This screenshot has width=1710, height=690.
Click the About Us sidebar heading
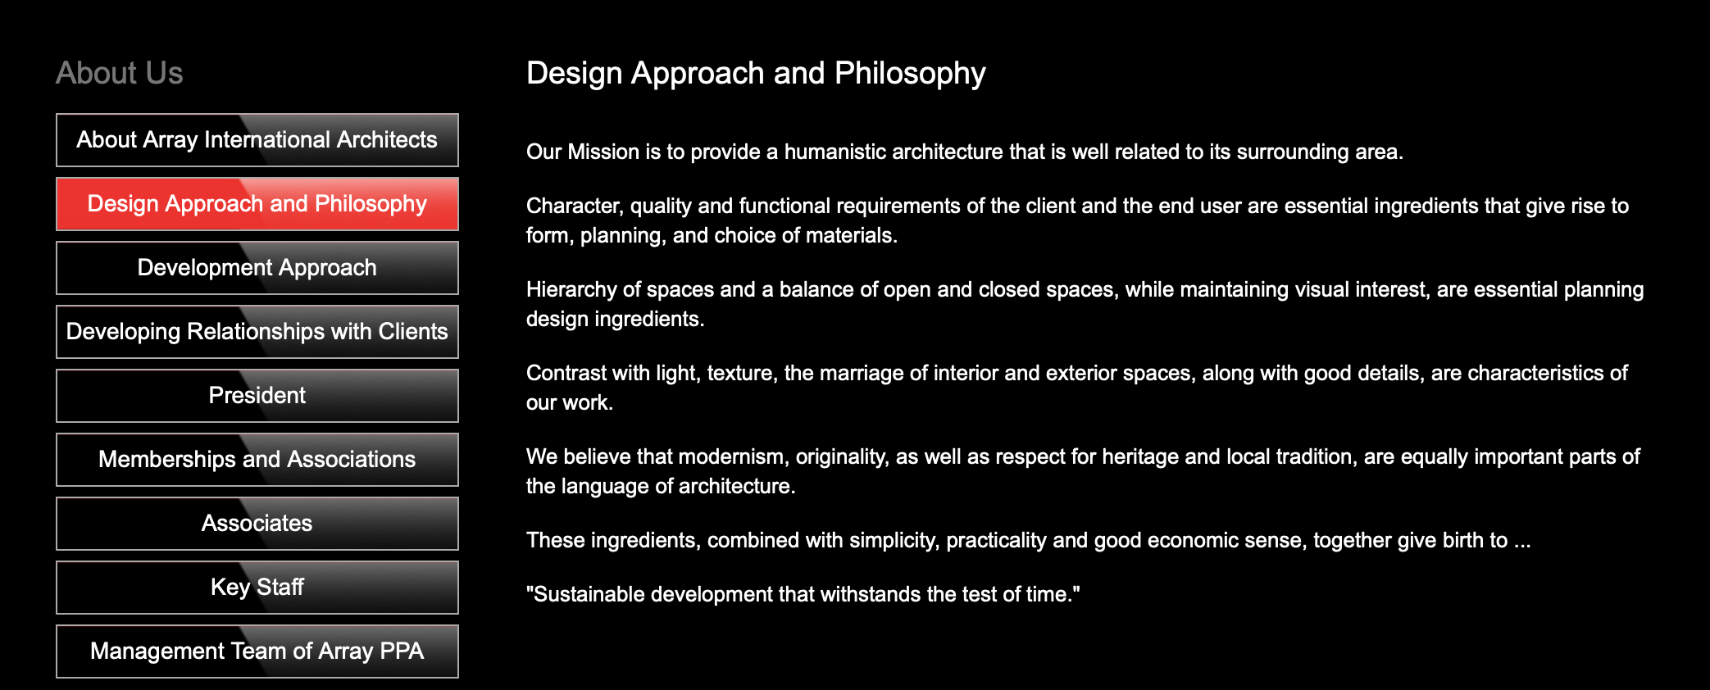click(x=120, y=73)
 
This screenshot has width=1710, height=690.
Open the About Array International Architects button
click(x=257, y=140)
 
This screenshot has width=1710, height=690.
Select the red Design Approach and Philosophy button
click(x=257, y=204)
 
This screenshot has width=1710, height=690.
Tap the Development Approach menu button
click(x=257, y=268)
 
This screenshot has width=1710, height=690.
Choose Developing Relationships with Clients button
click(x=257, y=332)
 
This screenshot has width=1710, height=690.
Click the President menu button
click(x=257, y=396)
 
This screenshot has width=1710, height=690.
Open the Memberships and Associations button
click(x=257, y=460)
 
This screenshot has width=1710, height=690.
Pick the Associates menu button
click(x=257, y=524)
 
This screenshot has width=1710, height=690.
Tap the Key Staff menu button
click(x=257, y=588)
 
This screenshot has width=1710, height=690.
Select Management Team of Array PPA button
click(x=257, y=651)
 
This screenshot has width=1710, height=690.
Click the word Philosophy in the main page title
click(x=910, y=74)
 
